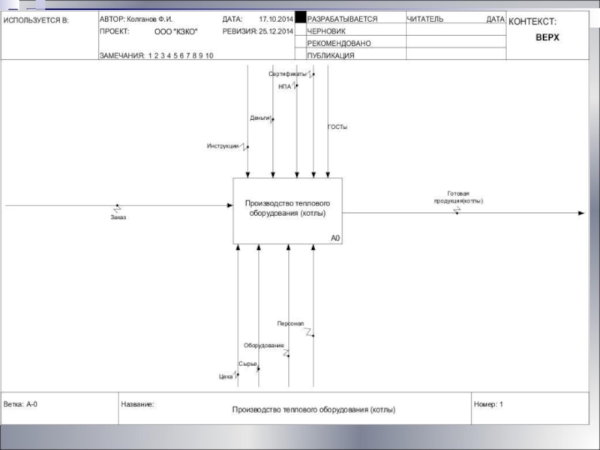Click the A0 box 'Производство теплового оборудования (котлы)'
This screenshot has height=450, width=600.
point(287,209)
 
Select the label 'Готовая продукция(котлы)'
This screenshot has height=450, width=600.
point(458,197)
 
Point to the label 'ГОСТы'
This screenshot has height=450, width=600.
point(337,127)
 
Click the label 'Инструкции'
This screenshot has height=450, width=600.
point(223,145)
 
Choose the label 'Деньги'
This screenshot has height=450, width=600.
point(259,117)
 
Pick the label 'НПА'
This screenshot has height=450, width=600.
point(284,86)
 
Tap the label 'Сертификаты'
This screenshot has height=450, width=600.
point(287,73)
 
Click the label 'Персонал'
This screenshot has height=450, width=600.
point(290,323)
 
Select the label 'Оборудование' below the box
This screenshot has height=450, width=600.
point(264,345)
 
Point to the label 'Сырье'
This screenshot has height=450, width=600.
point(247,364)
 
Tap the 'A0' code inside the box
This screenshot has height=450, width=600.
point(335,238)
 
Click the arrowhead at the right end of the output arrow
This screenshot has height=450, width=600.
point(580,213)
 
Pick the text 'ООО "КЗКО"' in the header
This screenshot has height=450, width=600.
point(181,32)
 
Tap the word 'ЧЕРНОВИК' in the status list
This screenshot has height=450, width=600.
point(326,31)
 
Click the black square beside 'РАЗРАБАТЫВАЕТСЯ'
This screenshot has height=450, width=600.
point(301,18)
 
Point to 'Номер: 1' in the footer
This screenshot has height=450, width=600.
point(489,404)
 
